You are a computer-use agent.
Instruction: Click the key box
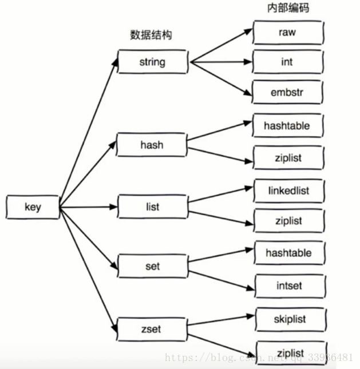(33, 207)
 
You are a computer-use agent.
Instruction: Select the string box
(152, 62)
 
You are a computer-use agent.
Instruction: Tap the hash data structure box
(152, 145)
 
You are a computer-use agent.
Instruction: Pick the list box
(152, 206)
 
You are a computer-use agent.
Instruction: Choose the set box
(152, 267)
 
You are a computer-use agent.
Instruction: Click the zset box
(152, 329)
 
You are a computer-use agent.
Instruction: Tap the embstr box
(287, 92)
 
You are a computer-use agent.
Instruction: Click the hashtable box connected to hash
(287, 125)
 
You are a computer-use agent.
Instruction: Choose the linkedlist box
(287, 190)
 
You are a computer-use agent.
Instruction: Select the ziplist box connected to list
(287, 221)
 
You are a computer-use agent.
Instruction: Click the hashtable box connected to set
(288, 252)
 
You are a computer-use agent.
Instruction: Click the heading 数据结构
(151, 35)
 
